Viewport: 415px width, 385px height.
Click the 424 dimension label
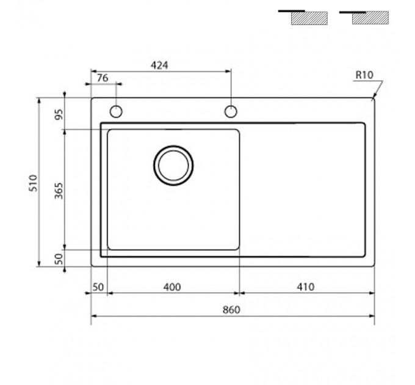(x=159, y=65)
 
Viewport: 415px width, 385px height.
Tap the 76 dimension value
(x=103, y=78)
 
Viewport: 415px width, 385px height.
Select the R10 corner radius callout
(x=364, y=75)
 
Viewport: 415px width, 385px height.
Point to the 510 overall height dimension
(x=34, y=183)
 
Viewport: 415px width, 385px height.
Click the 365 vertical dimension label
(x=59, y=191)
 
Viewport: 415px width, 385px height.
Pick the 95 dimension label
(x=59, y=114)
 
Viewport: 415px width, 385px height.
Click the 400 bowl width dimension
(x=172, y=287)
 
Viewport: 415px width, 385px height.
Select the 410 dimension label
(x=305, y=287)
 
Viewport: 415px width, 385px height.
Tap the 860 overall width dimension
(x=231, y=310)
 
